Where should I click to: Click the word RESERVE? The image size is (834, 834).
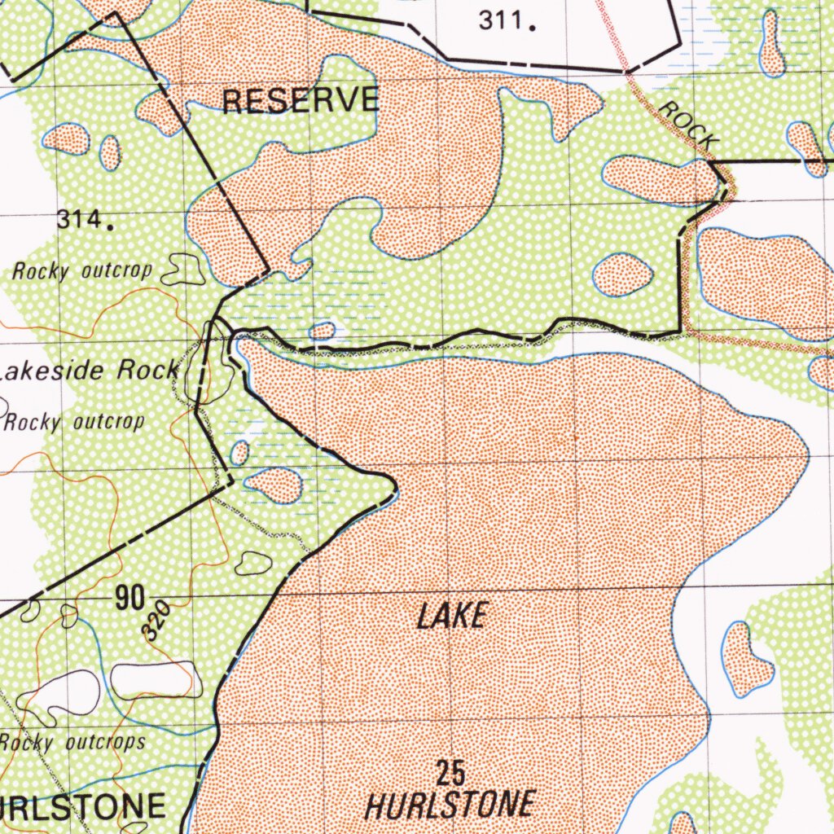pos(301,100)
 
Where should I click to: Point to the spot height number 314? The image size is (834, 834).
pos(84,220)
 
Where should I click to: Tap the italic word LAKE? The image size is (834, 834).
pos(453,616)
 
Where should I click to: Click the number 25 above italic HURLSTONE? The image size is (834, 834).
pos(450,771)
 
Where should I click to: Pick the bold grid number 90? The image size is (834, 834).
pos(130,599)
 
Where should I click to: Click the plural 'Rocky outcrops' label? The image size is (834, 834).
pos(72,742)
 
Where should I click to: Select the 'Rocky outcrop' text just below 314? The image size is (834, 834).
pos(81,271)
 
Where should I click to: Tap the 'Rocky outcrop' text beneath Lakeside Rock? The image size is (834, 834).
pos(75,422)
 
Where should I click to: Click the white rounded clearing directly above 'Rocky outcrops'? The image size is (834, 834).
pos(155,680)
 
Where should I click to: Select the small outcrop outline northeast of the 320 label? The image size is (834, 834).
pos(253,562)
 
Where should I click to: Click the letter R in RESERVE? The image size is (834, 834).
pos(233,101)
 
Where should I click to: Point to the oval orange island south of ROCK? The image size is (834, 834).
pos(622,274)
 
